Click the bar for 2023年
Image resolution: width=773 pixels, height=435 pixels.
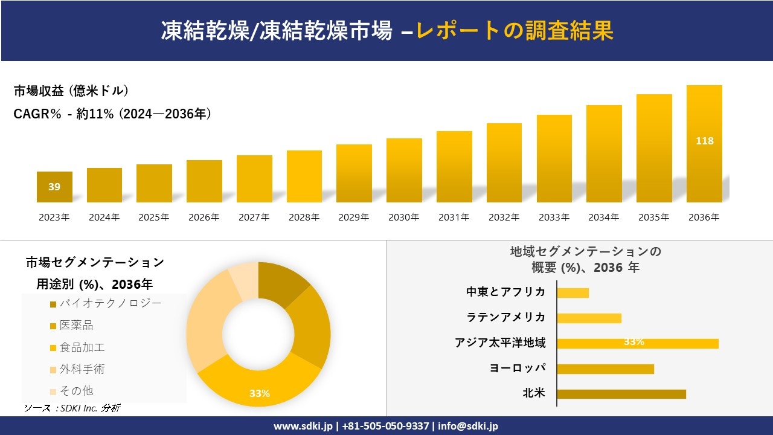pyautogui.click(x=54, y=187)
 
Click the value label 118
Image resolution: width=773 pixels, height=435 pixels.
pyautogui.click(x=704, y=141)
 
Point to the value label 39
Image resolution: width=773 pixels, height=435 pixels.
pyautogui.click(x=54, y=187)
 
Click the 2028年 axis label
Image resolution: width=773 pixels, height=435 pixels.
pyautogui.click(x=304, y=217)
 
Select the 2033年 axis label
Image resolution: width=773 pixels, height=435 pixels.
pyautogui.click(x=554, y=217)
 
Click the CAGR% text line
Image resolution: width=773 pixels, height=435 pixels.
pyautogui.click(x=112, y=114)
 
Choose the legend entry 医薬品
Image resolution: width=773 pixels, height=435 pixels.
pyautogui.click(x=76, y=326)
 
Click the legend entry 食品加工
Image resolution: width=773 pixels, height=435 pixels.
pyautogui.click(x=82, y=347)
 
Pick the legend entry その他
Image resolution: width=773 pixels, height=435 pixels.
pyautogui.click(x=76, y=391)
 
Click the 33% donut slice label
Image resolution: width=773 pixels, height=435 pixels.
pyautogui.click(x=260, y=393)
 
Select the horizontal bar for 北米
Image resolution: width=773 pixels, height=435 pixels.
pyautogui.click(x=621, y=394)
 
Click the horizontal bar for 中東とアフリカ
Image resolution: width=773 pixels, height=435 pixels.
pyautogui.click(x=573, y=292)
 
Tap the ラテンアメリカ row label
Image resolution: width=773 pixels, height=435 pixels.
pyautogui.click(x=505, y=317)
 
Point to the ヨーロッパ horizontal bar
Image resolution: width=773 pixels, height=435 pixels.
pyautogui.click(x=605, y=369)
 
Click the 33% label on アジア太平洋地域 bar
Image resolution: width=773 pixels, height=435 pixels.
pyautogui.click(x=633, y=342)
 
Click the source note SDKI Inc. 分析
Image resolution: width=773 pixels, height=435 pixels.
pyautogui.click(x=72, y=408)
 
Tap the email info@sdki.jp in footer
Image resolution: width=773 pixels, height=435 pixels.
pyautogui.click(x=468, y=426)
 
